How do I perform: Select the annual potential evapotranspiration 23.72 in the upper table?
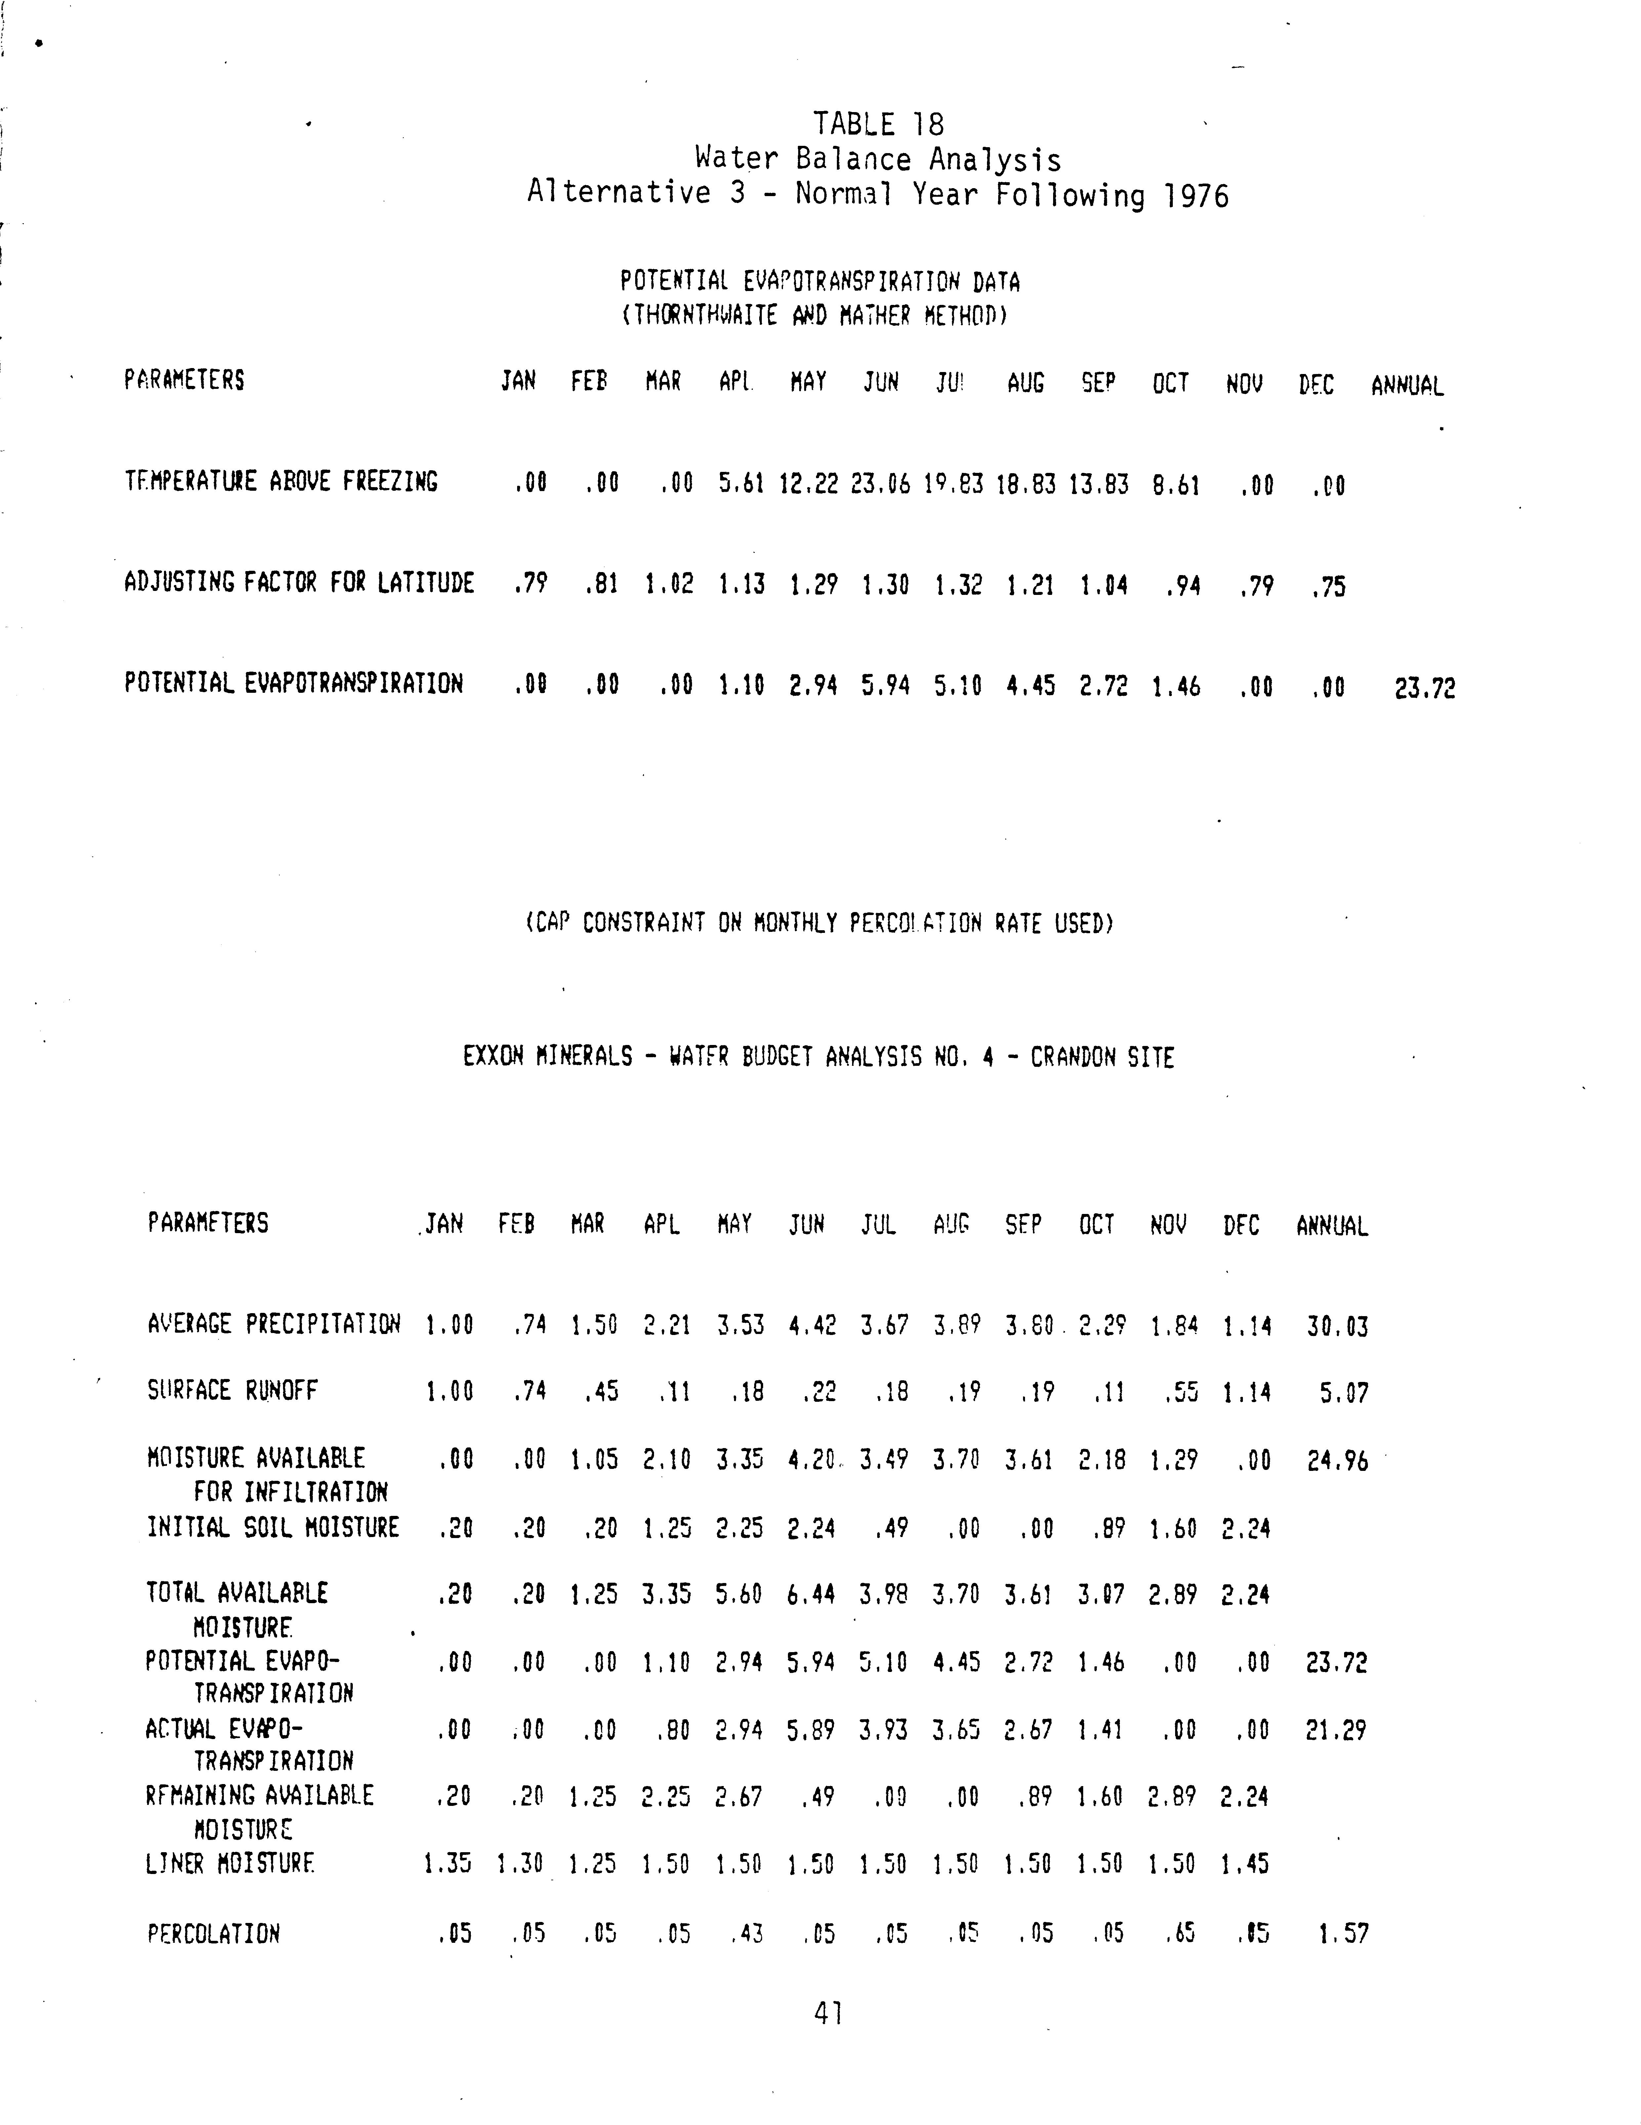[x=1424, y=689]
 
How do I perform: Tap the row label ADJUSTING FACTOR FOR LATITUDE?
[x=299, y=583]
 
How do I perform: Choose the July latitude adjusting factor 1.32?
[x=958, y=586]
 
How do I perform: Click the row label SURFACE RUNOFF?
[x=232, y=1391]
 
